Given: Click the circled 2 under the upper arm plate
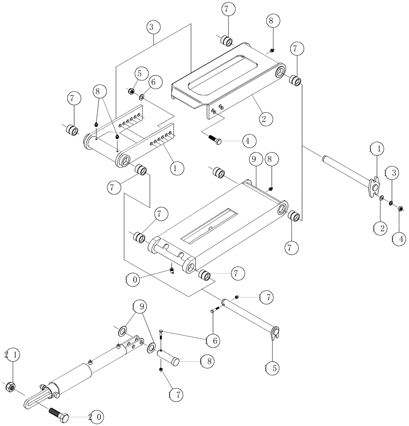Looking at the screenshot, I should coord(264,118).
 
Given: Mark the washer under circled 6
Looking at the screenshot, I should coord(141,98).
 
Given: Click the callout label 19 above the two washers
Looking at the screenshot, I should coord(140,306).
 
